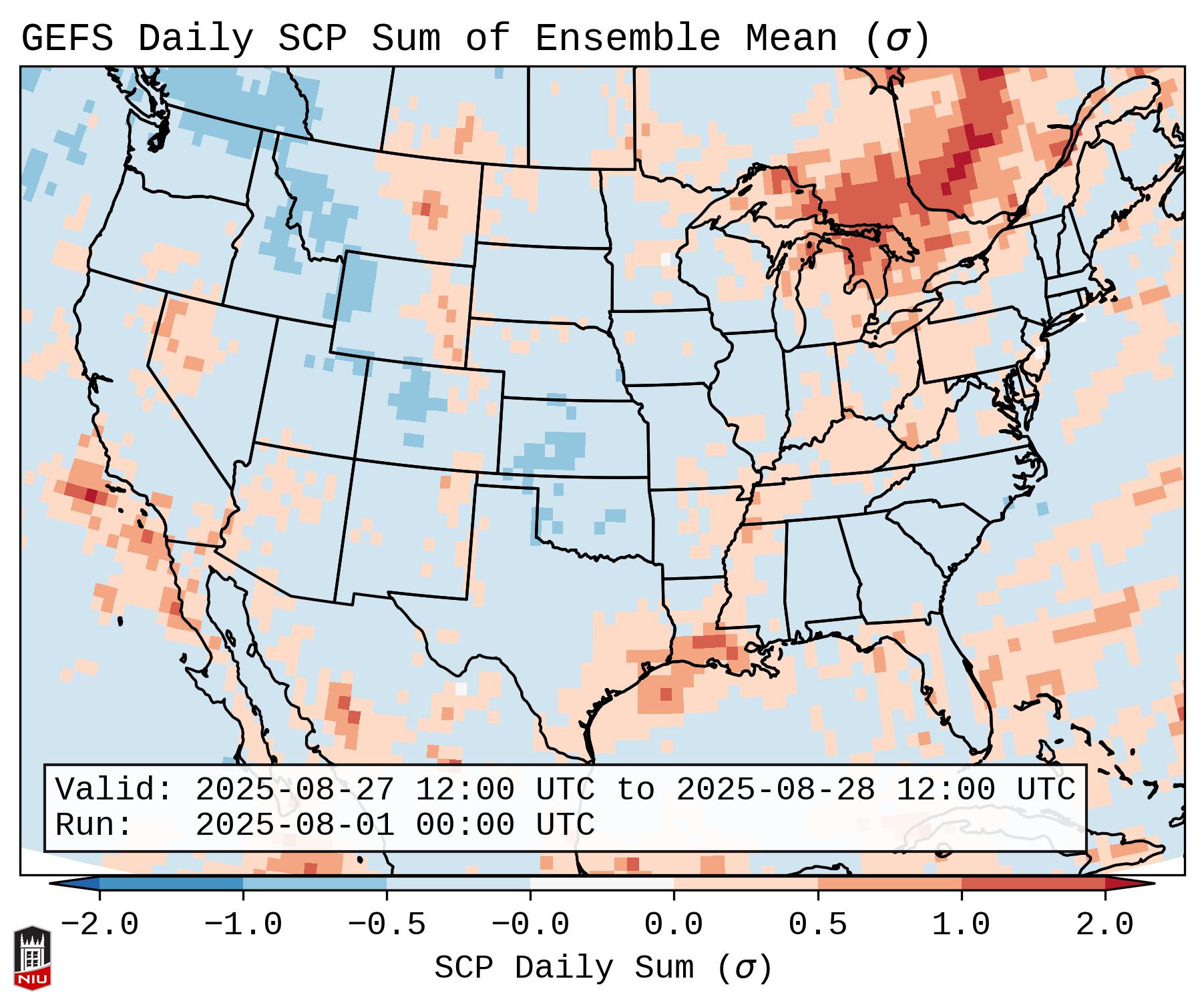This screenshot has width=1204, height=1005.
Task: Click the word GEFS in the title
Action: tap(67, 39)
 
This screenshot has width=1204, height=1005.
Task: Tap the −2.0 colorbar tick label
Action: tap(99, 926)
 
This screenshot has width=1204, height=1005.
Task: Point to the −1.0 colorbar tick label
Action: tap(243, 926)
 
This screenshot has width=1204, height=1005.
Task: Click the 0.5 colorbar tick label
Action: tap(817, 926)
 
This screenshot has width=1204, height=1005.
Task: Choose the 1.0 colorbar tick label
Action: tap(961, 926)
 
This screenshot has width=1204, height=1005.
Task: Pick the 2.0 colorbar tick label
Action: tap(1105, 926)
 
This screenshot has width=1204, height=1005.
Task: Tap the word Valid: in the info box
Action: tap(114, 790)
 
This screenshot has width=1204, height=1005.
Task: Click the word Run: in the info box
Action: tap(94, 825)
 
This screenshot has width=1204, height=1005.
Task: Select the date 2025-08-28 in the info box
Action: tap(775, 790)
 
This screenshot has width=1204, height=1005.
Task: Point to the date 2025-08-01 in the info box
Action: tap(294, 825)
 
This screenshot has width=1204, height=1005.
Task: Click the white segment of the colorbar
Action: tap(602, 884)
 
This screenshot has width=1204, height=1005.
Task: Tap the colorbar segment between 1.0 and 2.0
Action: tap(1032, 884)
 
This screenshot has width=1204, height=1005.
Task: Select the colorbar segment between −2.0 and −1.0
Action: tap(171, 884)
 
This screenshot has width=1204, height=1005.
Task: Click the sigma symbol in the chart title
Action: tap(897, 39)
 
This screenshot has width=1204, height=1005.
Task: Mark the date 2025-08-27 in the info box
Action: tap(294, 790)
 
